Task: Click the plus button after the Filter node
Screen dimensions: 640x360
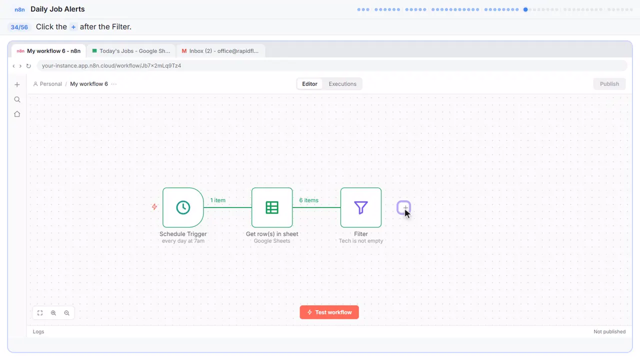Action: [x=403, y=207]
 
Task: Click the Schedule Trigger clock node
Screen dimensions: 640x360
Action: [x=183, y=207]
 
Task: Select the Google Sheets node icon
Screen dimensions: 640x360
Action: [x=272, y=207]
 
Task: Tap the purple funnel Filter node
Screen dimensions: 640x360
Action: [x=361, y=207]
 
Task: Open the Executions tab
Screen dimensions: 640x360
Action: [x=342, y=84]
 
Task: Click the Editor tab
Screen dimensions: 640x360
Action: [x=309, y=84]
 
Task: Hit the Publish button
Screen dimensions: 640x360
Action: [x=609, y=84]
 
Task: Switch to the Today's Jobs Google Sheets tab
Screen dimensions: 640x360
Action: [x=131, y=51]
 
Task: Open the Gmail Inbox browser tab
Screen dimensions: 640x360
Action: [x=220, y=51]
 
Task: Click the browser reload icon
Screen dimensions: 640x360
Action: [x=28, y=66]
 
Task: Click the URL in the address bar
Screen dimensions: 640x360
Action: [x=111, y=65]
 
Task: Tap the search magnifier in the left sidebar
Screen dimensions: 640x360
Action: [x=17, y=99]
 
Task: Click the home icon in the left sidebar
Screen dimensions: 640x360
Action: [x=17, y=114]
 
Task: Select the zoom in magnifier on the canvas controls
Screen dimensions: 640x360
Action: [x=53, y=313]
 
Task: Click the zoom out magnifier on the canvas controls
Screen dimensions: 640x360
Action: [x=67, y=313]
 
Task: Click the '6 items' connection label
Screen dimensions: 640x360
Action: [x=308, y=200]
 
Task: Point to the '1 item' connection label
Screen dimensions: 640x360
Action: [x=217, y=200]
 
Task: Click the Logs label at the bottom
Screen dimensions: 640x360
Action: [x=38, y=331]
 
